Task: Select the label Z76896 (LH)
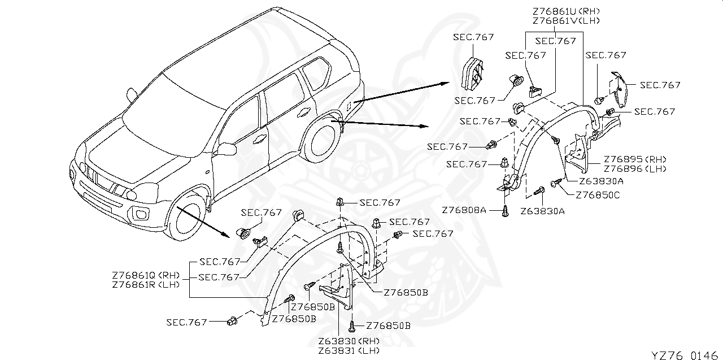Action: [635, 168]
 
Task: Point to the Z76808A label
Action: [464, 210]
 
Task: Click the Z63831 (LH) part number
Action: [349, 350]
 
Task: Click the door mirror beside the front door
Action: [228, 149]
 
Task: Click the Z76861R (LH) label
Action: [146, 284]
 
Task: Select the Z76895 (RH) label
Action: [635, 159]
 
